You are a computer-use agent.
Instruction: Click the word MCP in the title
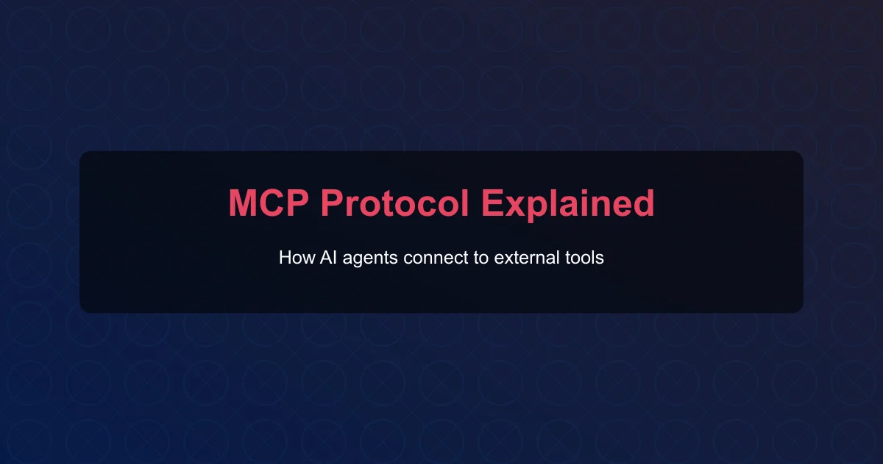[269, 203]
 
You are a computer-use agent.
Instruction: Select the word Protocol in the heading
[394, 203]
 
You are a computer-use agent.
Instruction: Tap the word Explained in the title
[568, 205]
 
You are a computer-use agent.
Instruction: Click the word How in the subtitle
[297, 258]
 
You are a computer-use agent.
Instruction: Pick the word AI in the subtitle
[328, 258]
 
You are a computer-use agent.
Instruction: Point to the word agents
[370, 259]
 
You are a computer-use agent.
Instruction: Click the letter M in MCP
[244, 203]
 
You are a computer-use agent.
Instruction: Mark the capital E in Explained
[492, 203]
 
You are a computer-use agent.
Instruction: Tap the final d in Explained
[643, 203]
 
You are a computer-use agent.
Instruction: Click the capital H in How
[285, 258]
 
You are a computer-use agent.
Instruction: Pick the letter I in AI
[335, 258]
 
